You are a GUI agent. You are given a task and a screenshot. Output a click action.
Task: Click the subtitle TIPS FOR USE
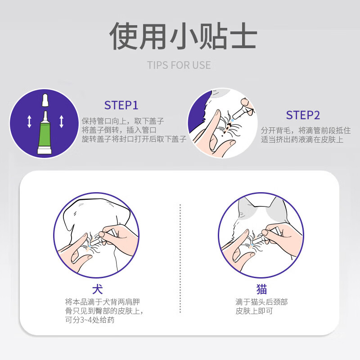pyautogui.click(x=179, y=65)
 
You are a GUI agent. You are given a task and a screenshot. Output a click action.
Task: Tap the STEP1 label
pyautogui.click(x=121, y=105)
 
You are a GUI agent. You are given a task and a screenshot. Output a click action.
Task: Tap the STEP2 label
pyautogui.click(x=303, y=115)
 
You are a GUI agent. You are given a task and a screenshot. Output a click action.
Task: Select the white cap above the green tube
pyautogui.click(x=45, y=101)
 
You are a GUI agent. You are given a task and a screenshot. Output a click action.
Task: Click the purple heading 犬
pyautogui.click(x=97, y=288)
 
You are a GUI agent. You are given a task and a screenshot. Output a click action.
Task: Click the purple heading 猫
pyautogui.click(x=261, y=288)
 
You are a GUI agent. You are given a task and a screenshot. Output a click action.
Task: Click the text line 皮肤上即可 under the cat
pyautogui.click(x=254, y=311)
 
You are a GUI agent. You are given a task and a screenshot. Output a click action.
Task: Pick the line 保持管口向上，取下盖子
pyautogui.click(x=122, y=121)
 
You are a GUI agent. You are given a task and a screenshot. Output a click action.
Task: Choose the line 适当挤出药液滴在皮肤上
pyautogui.click(x=302, y=139)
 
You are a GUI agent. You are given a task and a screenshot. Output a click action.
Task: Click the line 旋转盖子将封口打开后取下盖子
pyautogui.click(x=134, y=139)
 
